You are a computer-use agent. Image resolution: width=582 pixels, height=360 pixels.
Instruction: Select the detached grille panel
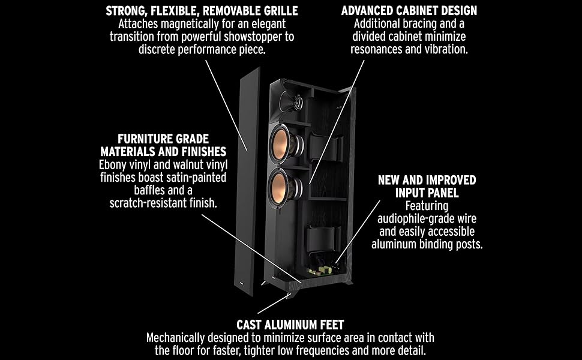click(251, 180)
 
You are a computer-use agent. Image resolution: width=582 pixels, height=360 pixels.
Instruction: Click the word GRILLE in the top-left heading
click(278, 11)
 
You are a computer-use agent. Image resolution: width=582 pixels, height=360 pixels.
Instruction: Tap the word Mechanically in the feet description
click(177, 338)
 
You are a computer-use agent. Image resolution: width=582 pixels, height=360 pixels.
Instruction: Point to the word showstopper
click(241, 37)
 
